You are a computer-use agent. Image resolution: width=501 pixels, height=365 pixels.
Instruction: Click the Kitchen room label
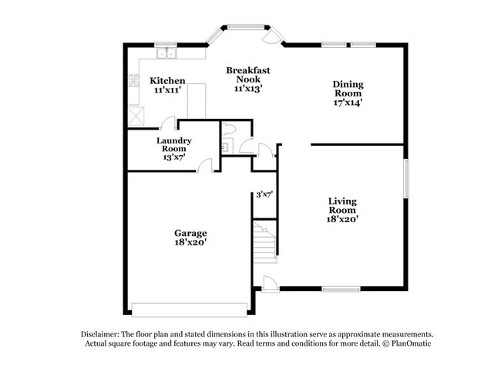point(167,80)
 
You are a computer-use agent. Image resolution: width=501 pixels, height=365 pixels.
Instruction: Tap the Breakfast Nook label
point(248,75)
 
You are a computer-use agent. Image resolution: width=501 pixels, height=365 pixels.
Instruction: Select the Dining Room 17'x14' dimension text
point(348,103)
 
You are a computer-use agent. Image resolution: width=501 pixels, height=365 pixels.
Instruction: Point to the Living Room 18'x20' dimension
point(342,219)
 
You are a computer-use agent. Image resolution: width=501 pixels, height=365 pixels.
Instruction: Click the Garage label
point(190,233)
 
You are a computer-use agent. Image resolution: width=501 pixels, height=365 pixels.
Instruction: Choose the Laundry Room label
point(174,144)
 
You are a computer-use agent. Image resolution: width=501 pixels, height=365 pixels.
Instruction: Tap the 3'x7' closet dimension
point(264,194)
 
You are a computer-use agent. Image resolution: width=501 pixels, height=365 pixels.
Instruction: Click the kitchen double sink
point(166,53)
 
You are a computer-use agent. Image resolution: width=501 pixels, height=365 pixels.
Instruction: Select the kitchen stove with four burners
point(133,80)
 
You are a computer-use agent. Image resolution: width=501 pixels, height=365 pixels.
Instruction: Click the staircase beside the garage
point(265,242)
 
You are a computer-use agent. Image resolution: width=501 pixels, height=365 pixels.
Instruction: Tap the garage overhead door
point(190,309)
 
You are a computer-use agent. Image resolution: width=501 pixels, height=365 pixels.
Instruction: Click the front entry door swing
point(268,284)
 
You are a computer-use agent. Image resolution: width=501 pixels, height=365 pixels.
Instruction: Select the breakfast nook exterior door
point(273,35)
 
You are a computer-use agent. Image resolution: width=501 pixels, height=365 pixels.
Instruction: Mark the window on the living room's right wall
point(406,178)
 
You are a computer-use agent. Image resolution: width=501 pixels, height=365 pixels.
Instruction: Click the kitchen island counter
point(197,101)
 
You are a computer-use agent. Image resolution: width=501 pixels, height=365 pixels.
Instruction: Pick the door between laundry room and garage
point(204,165)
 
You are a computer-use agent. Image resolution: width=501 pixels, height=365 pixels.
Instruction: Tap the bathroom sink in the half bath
point(227,147)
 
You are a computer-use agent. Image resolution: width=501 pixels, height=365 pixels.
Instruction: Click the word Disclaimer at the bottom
point(100,334)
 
